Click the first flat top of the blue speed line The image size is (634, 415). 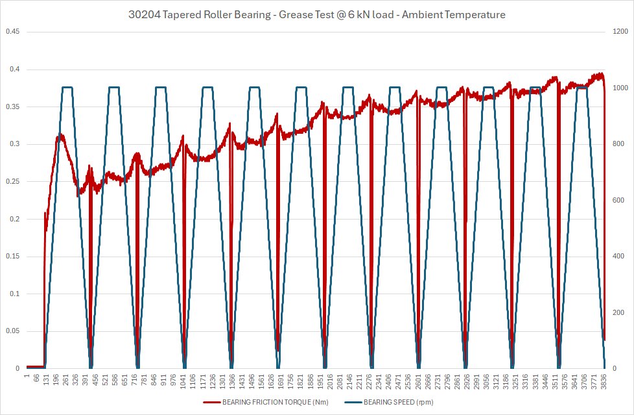(x=67, y=87)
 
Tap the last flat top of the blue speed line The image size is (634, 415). (x=581, y=87)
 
